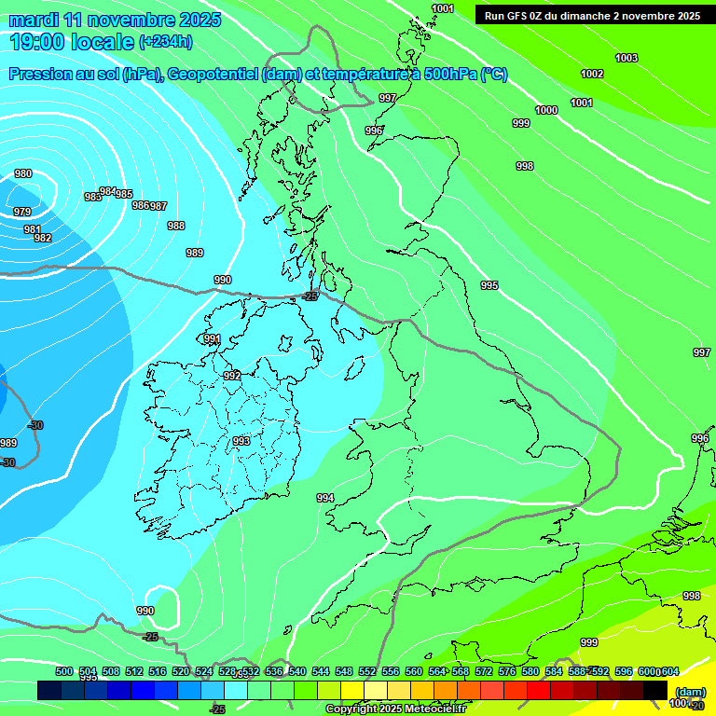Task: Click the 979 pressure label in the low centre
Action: point(22,212)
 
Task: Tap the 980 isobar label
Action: point(23,173)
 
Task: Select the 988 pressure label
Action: point(176,226)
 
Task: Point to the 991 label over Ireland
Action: point(213,338)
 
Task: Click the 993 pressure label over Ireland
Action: point(241,441)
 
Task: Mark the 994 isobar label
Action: point(325,498)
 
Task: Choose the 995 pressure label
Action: point(489,285)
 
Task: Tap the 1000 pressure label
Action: point(546,110)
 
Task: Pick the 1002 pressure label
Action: point(592,74)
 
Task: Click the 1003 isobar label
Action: point(626,58)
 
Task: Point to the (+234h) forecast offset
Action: point(166,41)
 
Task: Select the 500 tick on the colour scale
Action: point(64,671)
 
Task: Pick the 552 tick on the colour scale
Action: point(367,671)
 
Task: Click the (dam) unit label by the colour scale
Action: point(690,691)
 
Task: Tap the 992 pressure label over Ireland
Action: point(232,376)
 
